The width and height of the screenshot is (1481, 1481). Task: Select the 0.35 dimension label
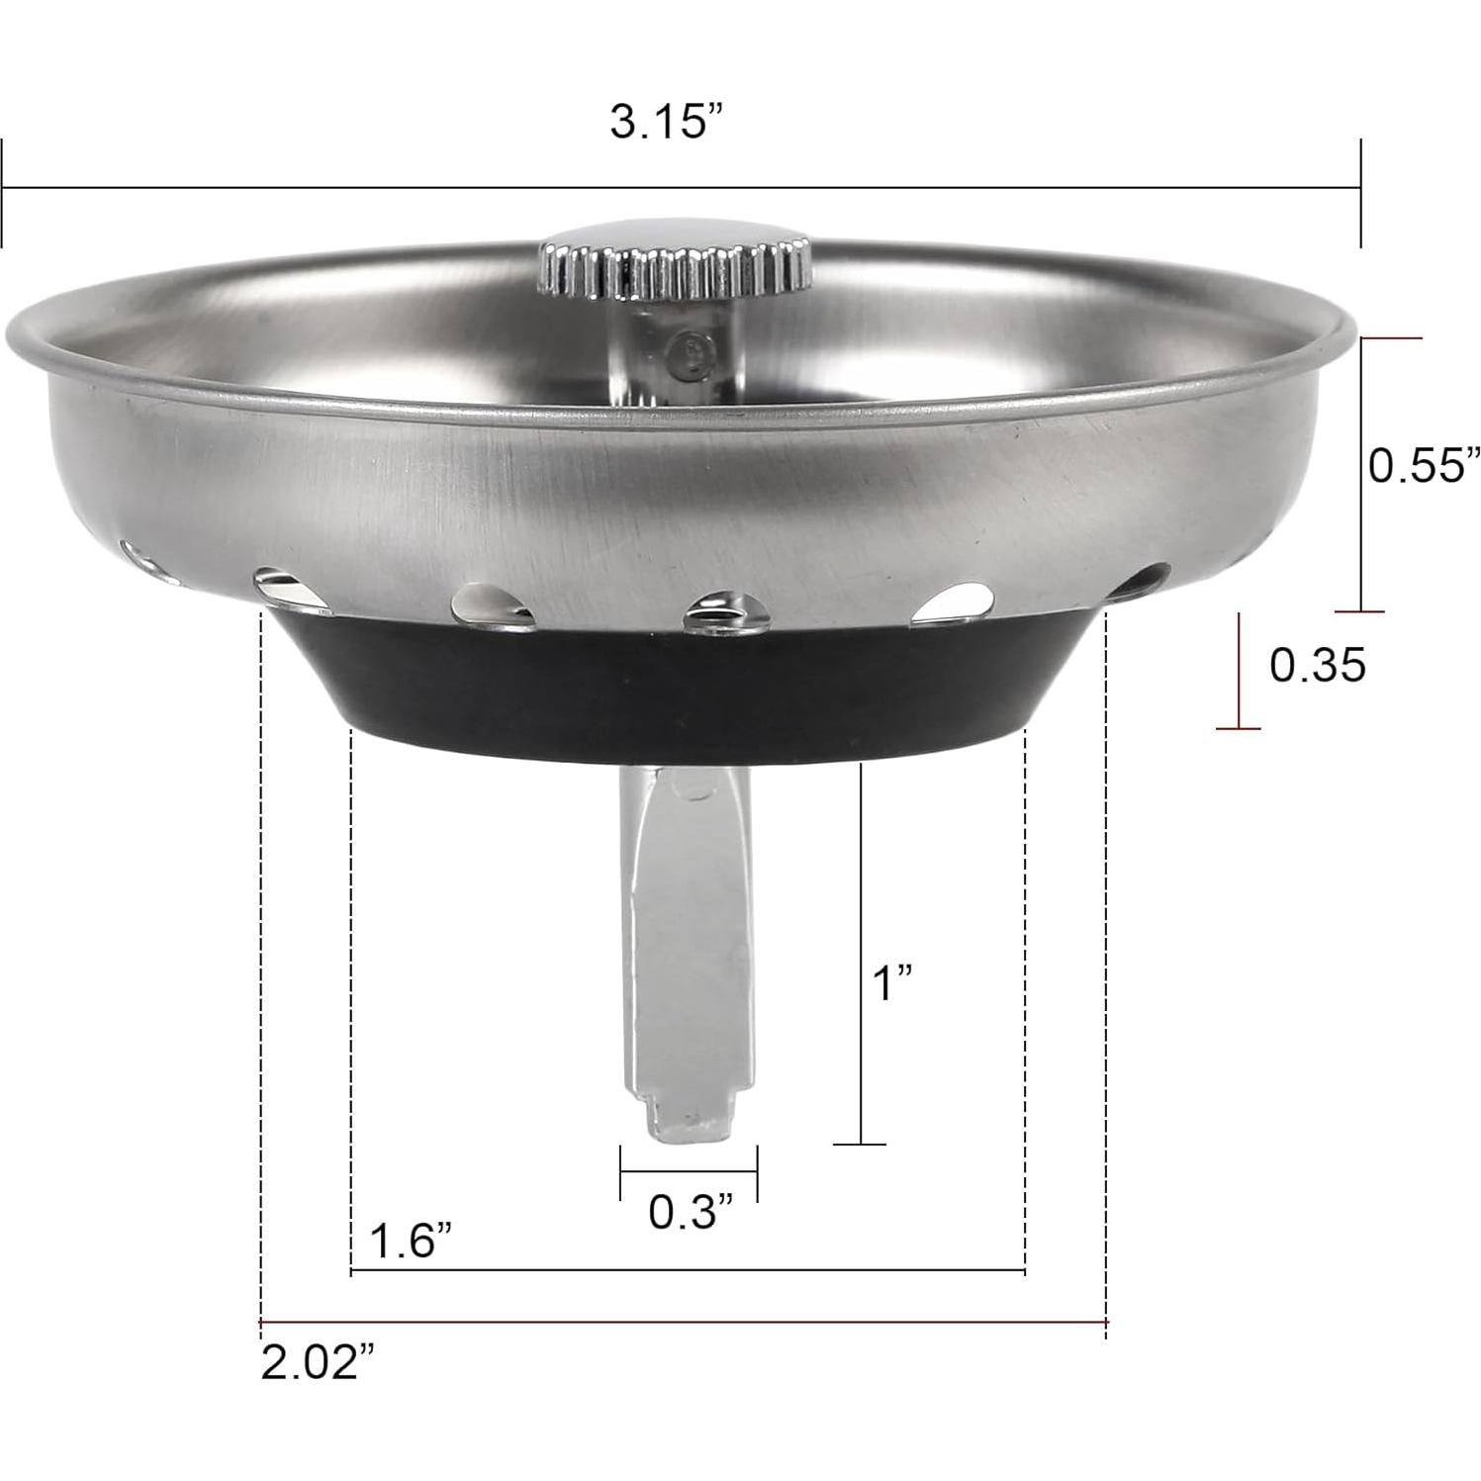pyautogui.click(x=1317, y=666)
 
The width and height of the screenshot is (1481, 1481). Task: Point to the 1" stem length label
pyautogui.click(x=892, y=985)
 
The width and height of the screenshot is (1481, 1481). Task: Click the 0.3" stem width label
pyautogui.click(x=691, y=1212)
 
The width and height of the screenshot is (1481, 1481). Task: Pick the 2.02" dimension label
pyautogui.click(x=318, y=1365)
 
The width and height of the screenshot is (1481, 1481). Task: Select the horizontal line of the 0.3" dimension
pyautogui.click(x=689, y=1172)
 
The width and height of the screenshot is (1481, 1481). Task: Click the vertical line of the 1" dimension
pyautogui.click(x=860, y=950)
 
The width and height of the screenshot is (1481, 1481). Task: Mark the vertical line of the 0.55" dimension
pyautogui.click(x=1363, y=475)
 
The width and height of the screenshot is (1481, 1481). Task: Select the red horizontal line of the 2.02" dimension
pyautogui.click(x=683, y=1322)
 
